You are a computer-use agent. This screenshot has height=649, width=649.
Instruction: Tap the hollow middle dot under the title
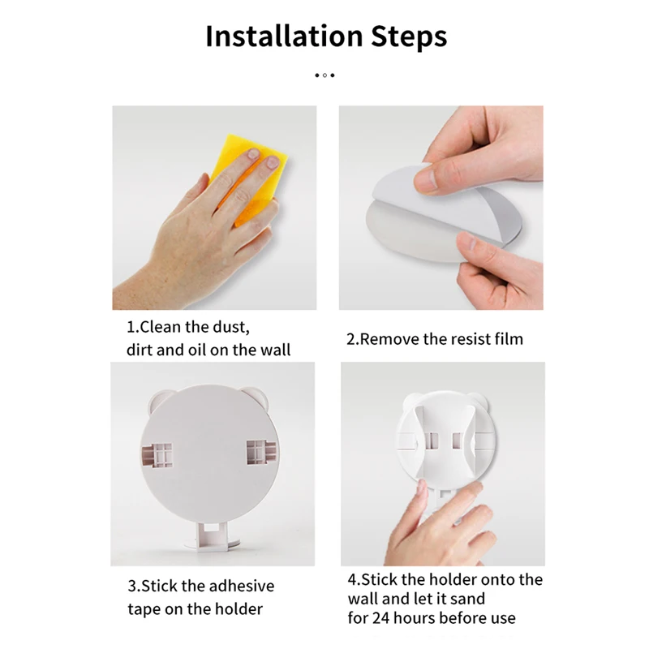[x=324, y=75]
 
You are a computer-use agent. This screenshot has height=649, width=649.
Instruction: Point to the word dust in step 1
[x=230, y=329]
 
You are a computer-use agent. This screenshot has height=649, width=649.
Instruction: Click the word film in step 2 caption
[x=506, y=339]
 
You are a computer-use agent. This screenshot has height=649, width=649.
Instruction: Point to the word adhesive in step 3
[x=242, y=586]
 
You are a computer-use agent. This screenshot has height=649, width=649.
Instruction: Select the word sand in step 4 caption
[x=469, y=599]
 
